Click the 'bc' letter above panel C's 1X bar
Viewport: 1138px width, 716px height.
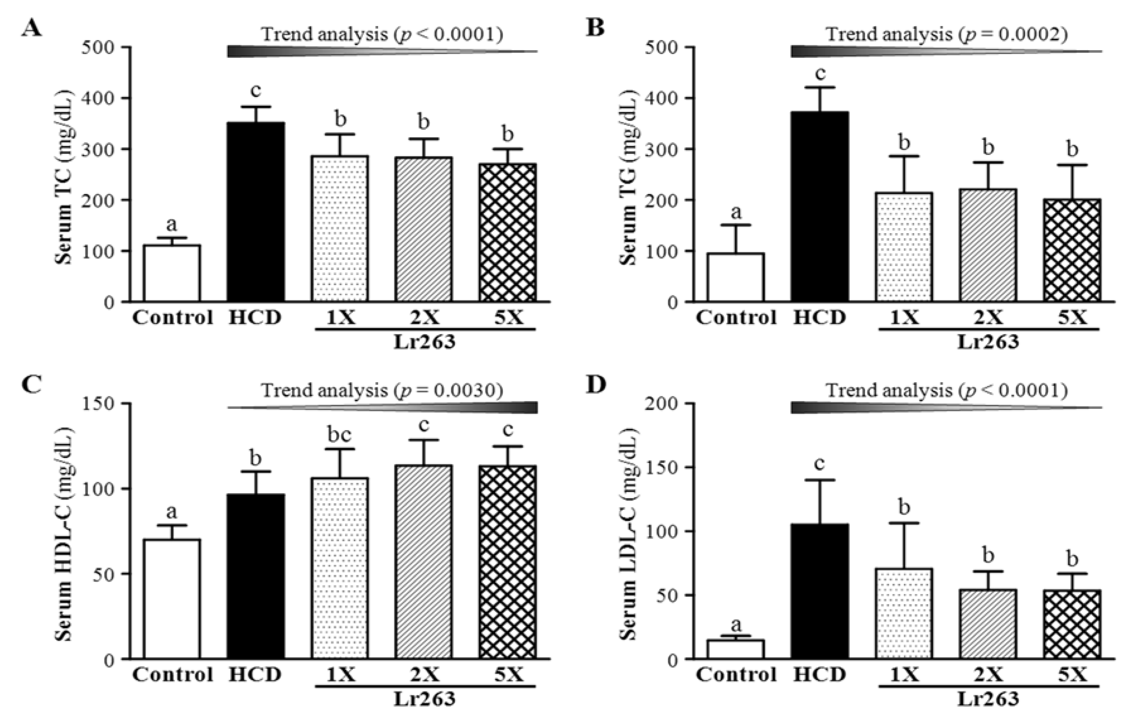click(339, 435)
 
